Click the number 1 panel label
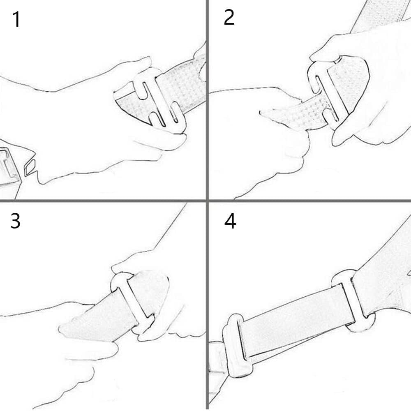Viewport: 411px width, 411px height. click(x=16, y=19)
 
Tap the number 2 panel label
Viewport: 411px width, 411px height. click(x=229, y=18)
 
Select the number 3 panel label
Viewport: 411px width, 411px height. click(x=16, y=221)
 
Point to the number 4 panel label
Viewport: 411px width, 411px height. click(x=230, y=221)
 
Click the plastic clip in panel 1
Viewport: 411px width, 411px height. click(x=160, y=101)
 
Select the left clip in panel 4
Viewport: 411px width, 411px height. click(x=236, y=346)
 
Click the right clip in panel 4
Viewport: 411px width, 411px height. click(x=353, y=301)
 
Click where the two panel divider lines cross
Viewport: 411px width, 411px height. click(x=207, y=201)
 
